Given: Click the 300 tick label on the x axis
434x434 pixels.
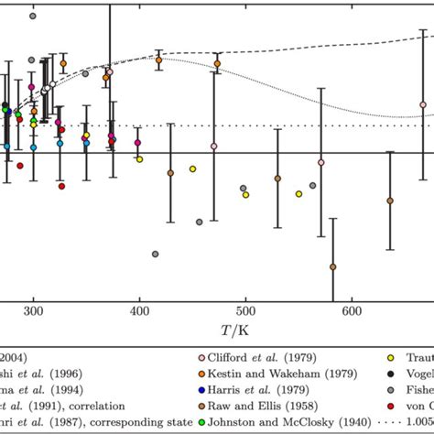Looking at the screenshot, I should point(34,311).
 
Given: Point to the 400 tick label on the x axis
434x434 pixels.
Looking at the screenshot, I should point(139,311).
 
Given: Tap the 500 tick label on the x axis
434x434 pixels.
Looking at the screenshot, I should point(244,311).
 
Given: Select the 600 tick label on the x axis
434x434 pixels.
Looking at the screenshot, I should point(351,311).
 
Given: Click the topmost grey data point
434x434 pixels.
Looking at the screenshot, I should point(33,16).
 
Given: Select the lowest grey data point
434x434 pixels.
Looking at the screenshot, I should point(155,254).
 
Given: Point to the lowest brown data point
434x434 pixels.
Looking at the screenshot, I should point(332,266).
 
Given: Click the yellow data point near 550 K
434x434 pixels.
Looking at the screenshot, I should point(298,193).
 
